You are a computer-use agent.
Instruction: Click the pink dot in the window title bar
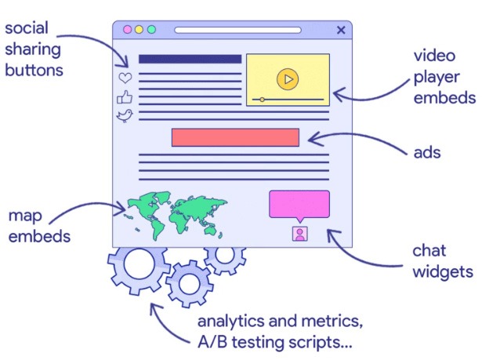point(128,30)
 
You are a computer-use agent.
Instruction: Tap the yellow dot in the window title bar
point(140,30)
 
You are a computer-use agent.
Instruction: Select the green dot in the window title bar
point(151,30)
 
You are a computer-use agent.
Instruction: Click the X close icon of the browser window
point(340,30)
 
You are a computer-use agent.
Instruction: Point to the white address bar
point(237,30)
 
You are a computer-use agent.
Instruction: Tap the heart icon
point(125,78)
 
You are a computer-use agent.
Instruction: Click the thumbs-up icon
point(125,97)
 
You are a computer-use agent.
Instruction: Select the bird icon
point(125,116)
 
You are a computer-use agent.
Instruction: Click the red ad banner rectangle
point(235,137)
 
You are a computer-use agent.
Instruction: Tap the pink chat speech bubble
point(299,205)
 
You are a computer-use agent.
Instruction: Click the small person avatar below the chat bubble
point(299,233)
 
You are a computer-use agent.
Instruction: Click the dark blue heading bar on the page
point(190,59)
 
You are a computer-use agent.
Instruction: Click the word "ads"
point(427,152)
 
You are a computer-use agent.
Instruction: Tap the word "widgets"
point(443,272)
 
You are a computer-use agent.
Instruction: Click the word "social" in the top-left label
point(27,29)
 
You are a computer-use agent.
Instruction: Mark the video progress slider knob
point(262,100)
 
